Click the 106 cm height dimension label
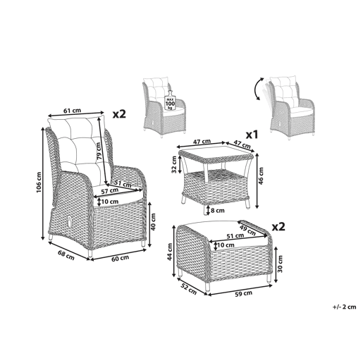coord(39,183)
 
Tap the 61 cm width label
coord(72,111)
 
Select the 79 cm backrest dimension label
coord(99,152)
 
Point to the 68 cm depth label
coord(66,255)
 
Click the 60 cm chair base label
coord(120,258)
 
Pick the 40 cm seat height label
coord(153,221)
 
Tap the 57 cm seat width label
coord(109,191)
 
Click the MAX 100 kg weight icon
coord(170,100)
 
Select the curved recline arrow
coord(259,90)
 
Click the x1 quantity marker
coord(252,135)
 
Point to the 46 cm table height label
coord(261,176)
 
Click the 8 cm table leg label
coord(218,211)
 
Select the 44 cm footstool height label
coord(170,252)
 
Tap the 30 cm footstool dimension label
coord(280,264)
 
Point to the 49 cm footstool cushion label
coord(247,230)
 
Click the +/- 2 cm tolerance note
coord(344,307)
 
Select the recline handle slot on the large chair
coord(70,221)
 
